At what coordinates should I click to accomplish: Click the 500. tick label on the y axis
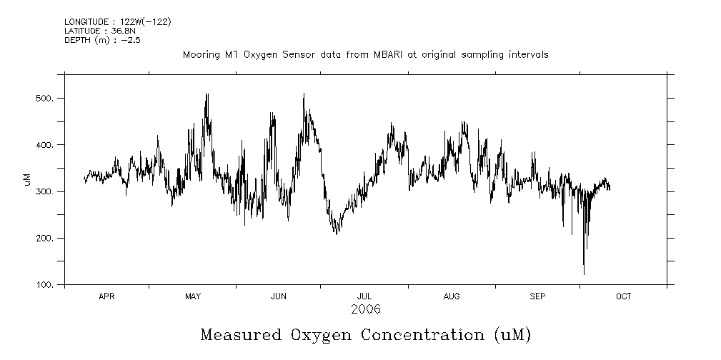click(46, 98)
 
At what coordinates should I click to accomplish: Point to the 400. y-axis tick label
click(46, 145)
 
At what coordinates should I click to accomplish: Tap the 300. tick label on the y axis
click(46, 191)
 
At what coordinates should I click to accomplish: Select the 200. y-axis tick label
click(46, 239)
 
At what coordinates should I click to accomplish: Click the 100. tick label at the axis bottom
click(46, 285)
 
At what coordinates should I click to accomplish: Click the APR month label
click(106, 296)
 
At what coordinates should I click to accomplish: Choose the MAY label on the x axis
click(192, 296)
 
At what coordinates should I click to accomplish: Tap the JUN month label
click(279, 296)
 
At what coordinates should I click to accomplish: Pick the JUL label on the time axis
click(364, 296)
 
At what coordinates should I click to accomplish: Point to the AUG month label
click(452, 296)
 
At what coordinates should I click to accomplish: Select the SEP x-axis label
click(537, 296)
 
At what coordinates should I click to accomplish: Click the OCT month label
click(624, 296)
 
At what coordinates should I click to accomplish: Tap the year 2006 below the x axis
click(365, 309)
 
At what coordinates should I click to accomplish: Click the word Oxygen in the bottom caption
click(321, 334)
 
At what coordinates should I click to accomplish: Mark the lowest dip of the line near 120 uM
click(584, 274)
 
